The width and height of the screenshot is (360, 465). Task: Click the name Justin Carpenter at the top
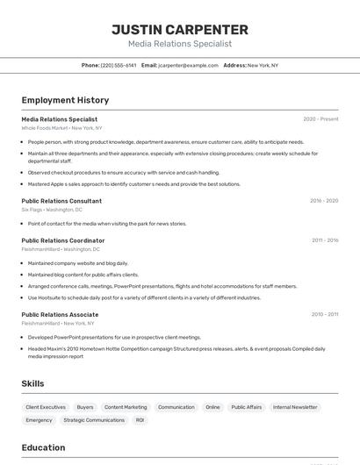[180, 29]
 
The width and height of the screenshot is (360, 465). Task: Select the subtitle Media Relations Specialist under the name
[180, 43]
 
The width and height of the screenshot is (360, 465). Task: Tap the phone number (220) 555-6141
[119, 65]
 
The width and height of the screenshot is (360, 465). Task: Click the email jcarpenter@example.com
[188, 65]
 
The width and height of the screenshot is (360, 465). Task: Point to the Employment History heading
[65, 100]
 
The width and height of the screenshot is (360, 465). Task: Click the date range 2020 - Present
[320, 119]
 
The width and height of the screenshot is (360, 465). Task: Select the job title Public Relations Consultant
[61, 201]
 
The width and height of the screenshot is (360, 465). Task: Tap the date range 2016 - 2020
[324, 201]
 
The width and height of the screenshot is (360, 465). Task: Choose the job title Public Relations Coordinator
[63, 240]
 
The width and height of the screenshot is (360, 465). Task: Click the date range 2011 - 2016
[325, 240]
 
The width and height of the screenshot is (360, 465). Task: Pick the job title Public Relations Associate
[60, 314]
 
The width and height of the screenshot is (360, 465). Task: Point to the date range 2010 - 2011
[325, 314]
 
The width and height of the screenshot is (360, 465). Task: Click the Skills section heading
[32, 383]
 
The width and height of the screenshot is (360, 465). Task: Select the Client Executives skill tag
[46, 407]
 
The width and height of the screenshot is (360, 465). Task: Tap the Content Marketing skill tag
[126, 407]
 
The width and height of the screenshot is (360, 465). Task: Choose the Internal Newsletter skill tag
[295, 407]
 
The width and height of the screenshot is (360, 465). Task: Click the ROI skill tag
[140, 420]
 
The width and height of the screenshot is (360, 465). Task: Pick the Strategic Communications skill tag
[94, 420]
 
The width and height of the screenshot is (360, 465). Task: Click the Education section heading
[43, 447]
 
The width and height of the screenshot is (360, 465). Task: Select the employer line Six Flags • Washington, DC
[52, 210]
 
